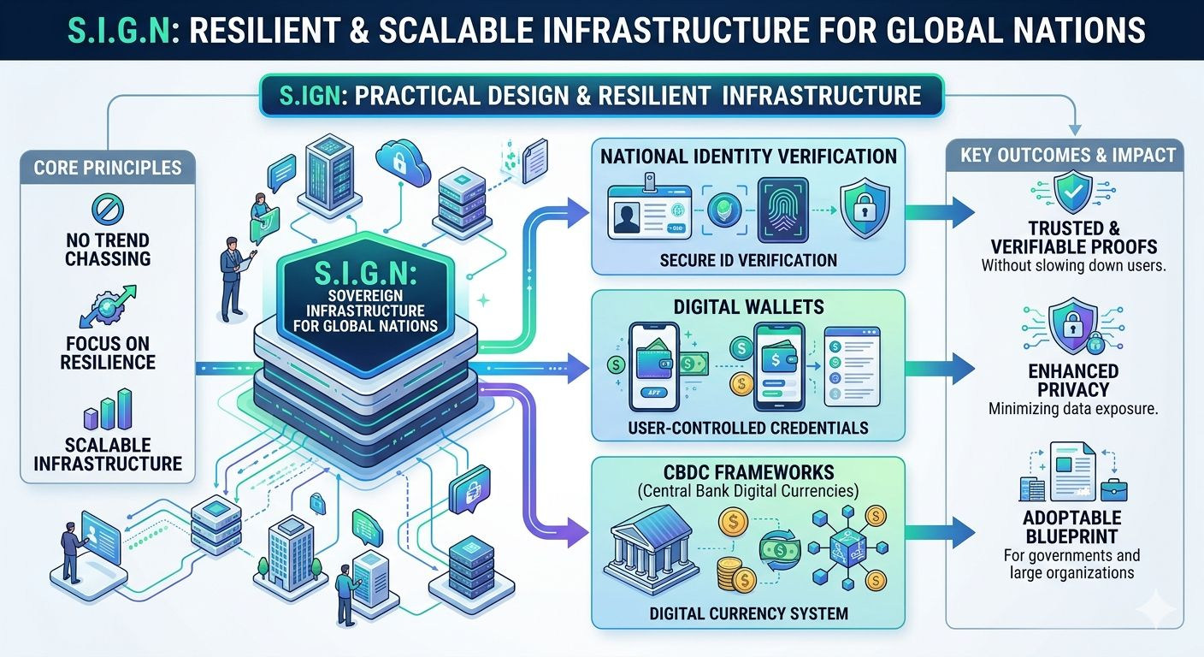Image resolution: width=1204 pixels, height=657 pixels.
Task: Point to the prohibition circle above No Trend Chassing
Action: [x=108, y=206]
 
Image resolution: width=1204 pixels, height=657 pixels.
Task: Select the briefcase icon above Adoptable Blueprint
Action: [x=1113, y=488]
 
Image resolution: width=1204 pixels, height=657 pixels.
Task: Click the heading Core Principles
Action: [x=108, y=166]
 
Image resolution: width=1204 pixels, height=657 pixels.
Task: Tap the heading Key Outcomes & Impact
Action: [x=1069, y=156]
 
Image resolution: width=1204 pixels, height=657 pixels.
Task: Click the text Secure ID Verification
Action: [x=748, y=259]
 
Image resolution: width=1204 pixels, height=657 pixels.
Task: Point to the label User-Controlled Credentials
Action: [x=747, y=427]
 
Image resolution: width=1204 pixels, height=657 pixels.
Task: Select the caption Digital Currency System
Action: [x=748, y=613]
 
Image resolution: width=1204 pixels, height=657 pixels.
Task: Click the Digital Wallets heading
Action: [x=748, y=306]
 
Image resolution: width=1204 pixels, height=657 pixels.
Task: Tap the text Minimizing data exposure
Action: [x=1073, y=409]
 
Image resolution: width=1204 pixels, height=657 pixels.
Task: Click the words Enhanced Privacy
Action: [x=1072, y=381]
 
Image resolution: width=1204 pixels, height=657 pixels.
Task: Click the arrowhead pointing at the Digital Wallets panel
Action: [x=581, y=369]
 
